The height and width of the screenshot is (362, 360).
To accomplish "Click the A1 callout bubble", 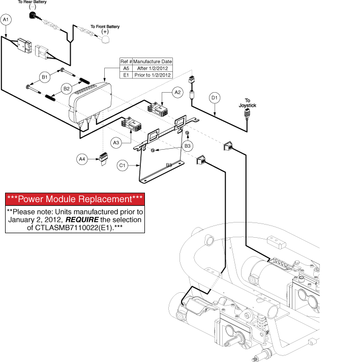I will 6,19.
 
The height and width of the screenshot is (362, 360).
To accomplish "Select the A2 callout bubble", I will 177,93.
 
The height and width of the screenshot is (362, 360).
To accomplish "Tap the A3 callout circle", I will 116,143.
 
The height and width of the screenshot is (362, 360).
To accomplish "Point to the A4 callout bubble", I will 82,159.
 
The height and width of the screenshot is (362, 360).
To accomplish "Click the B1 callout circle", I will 45,77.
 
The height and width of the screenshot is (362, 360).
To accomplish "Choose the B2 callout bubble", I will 67,89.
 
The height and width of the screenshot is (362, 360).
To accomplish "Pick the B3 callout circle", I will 188,146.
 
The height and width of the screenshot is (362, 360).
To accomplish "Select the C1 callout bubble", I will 122,165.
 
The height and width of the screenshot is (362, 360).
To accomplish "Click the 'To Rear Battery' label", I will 33,3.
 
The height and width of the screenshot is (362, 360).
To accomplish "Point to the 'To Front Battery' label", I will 105,26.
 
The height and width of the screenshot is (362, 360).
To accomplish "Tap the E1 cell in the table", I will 126,75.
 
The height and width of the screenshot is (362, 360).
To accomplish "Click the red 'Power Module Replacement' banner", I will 75,199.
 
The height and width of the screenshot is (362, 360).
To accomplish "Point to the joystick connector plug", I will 248,113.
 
